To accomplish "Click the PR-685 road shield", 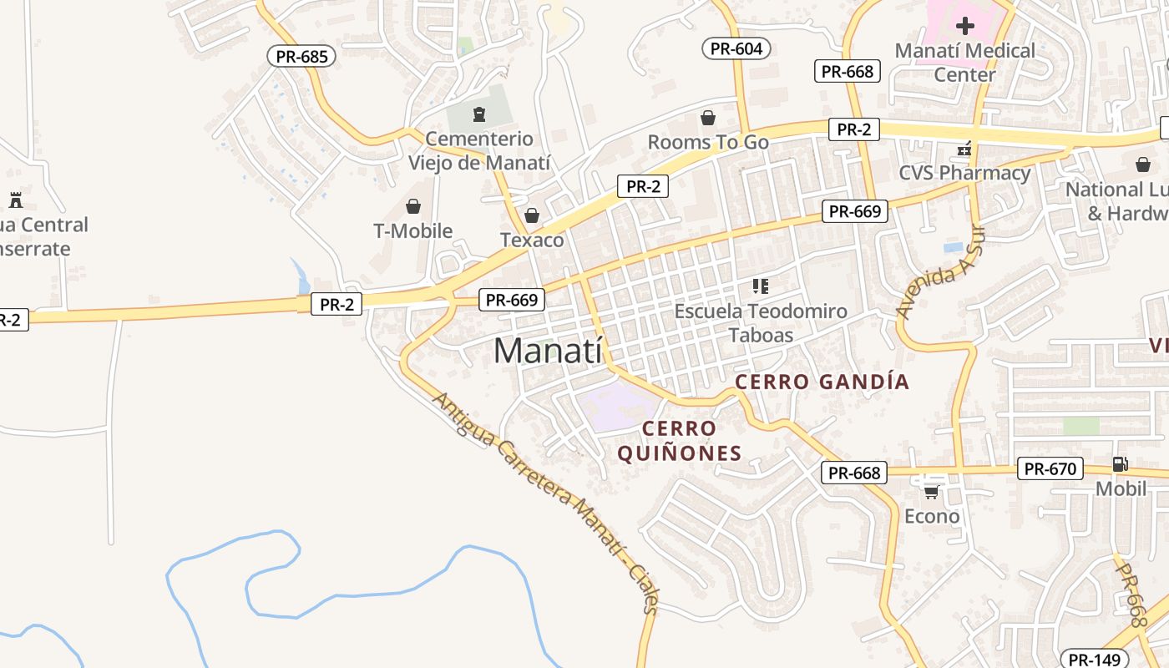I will coord(301,57).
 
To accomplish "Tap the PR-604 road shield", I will coord(736,48).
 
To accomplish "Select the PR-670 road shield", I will coord(1050,469).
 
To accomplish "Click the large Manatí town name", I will coord(548,351).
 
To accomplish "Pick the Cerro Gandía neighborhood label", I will coord(822,382).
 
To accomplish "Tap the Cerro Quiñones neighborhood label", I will coord(680,441).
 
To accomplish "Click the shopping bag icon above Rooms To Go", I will coord(708,118).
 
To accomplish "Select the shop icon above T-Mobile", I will coord(412,206).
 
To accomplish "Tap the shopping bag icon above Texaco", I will coord(532,216).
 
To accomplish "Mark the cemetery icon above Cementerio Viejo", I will coord(479,114).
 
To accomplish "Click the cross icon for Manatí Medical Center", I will coord(965,26).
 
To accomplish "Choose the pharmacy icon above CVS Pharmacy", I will coord(964,149).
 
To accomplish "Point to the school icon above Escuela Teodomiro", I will coord(760,287).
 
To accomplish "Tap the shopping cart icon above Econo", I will coord(932,492).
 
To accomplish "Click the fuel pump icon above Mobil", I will coord(1120,464).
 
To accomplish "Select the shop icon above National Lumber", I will coord(1142,164).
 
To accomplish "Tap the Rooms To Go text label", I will coord(708,143).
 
